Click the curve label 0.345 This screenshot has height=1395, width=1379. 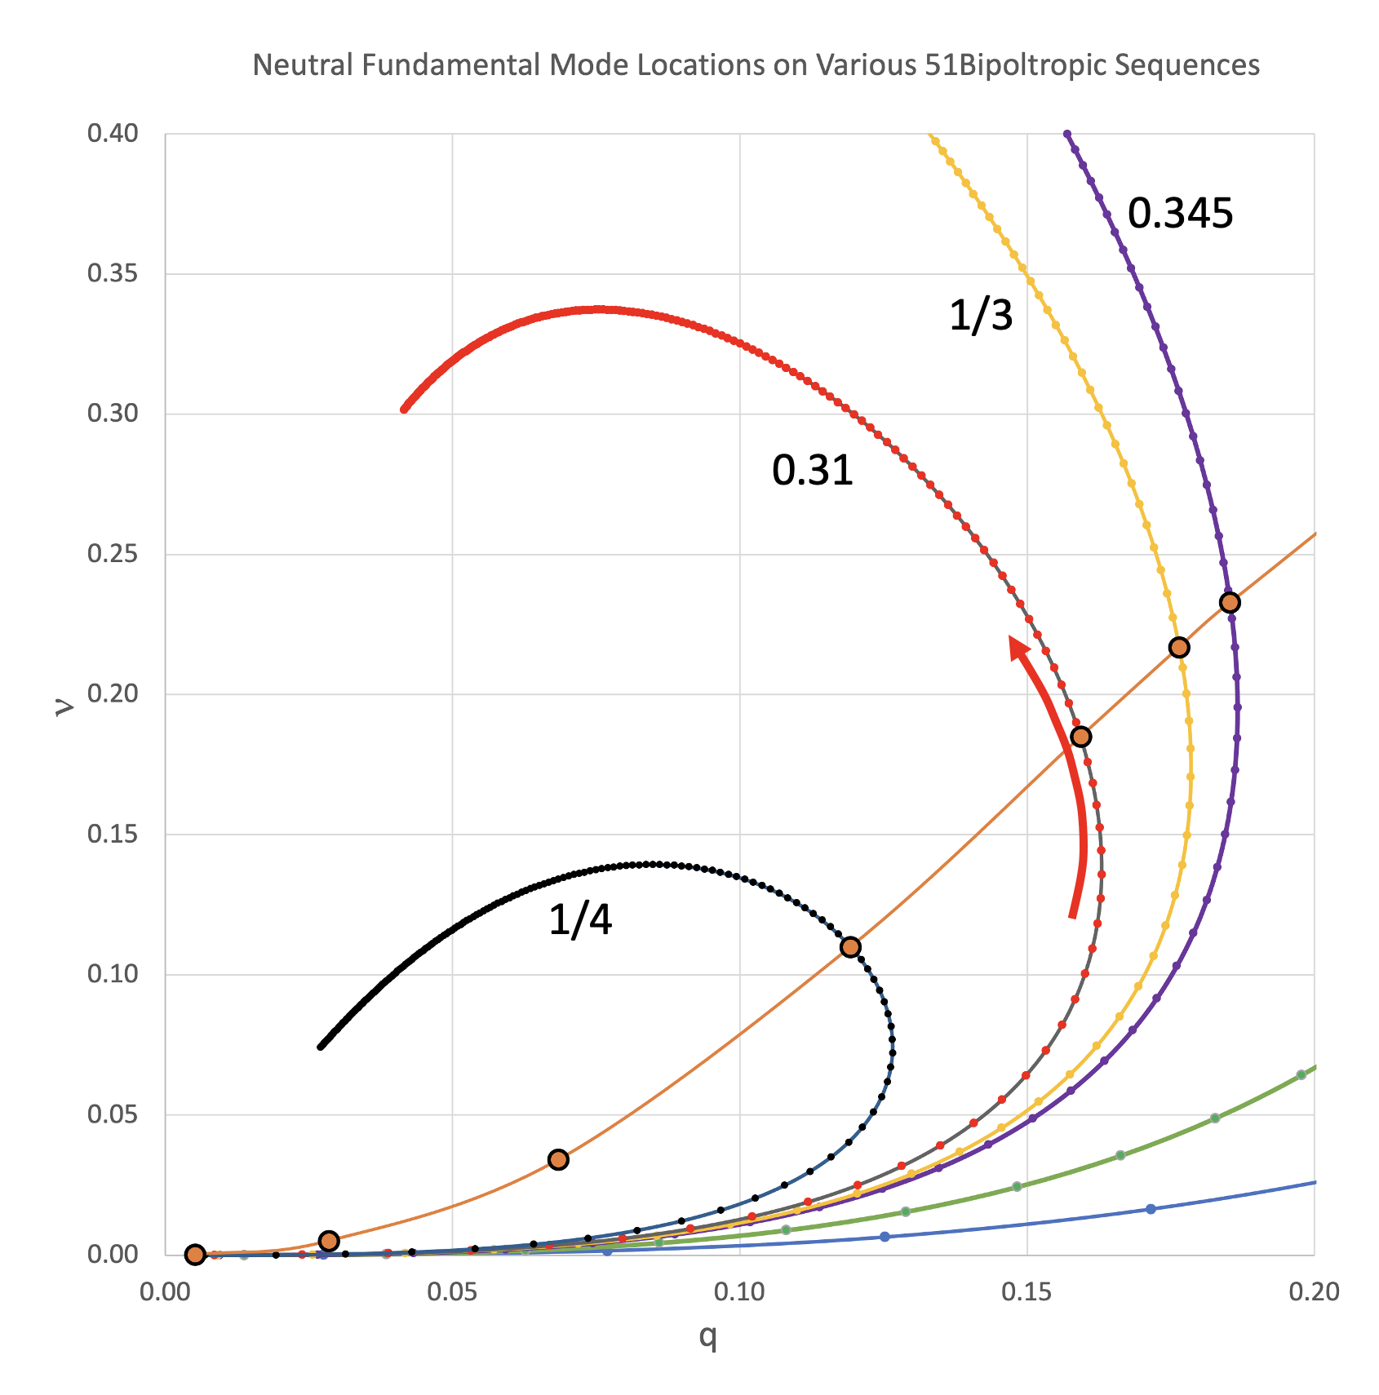[1180, 214]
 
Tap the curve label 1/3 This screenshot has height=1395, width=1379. [981, 315]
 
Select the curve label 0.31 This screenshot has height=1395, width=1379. [813, 471]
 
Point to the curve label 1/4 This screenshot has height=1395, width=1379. [580, 920]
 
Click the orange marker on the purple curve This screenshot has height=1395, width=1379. [1230, 603]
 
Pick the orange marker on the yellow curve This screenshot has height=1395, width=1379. [1178, 648]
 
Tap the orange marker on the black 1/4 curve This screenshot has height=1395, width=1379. [850, 947]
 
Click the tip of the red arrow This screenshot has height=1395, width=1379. [1012, 639]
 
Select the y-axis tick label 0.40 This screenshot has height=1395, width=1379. [112, 133]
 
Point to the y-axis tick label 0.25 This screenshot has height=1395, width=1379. [112, 555]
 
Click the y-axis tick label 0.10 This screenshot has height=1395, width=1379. [112, 975]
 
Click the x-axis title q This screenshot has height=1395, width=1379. [707, 1336]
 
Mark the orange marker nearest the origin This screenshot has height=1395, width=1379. [195, 1255]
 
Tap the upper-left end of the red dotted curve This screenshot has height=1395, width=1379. [404, 409]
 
